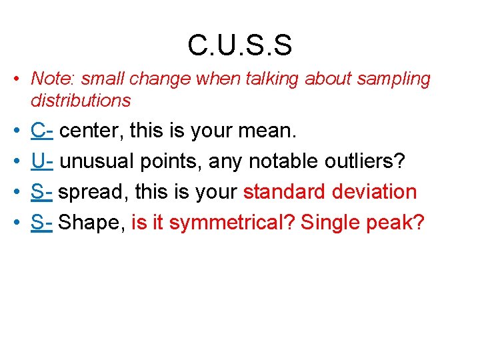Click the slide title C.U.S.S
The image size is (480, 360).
point(240,45)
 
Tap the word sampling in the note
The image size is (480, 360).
point(394,79)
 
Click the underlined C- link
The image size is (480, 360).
point(42,131)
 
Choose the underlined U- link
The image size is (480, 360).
point(42,161)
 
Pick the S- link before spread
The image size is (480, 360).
point(41,192)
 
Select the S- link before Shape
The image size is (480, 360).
point(41,223)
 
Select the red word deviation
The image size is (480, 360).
point(377,192)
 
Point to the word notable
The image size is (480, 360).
point(277,161)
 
